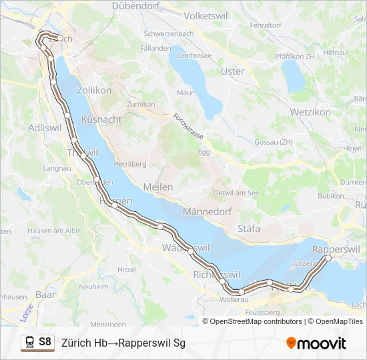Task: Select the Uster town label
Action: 233,71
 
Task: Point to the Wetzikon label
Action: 310,112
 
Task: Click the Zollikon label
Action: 94,89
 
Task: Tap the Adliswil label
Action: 45,127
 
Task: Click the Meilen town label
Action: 158,187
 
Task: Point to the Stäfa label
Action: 249,229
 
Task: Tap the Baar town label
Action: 45,293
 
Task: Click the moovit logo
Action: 316,343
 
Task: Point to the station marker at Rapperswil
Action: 328,258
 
